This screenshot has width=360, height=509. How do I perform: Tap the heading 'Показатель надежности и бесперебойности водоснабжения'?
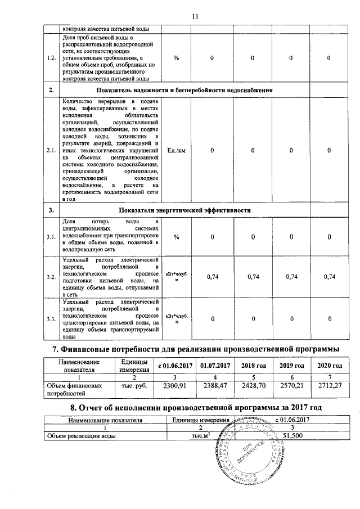coord(184,91)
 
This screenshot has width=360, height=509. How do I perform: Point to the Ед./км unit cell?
coord(176,151)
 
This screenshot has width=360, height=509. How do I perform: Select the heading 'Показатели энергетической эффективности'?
coord(184,210)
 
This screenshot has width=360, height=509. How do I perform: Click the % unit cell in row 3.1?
coord(176,237)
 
